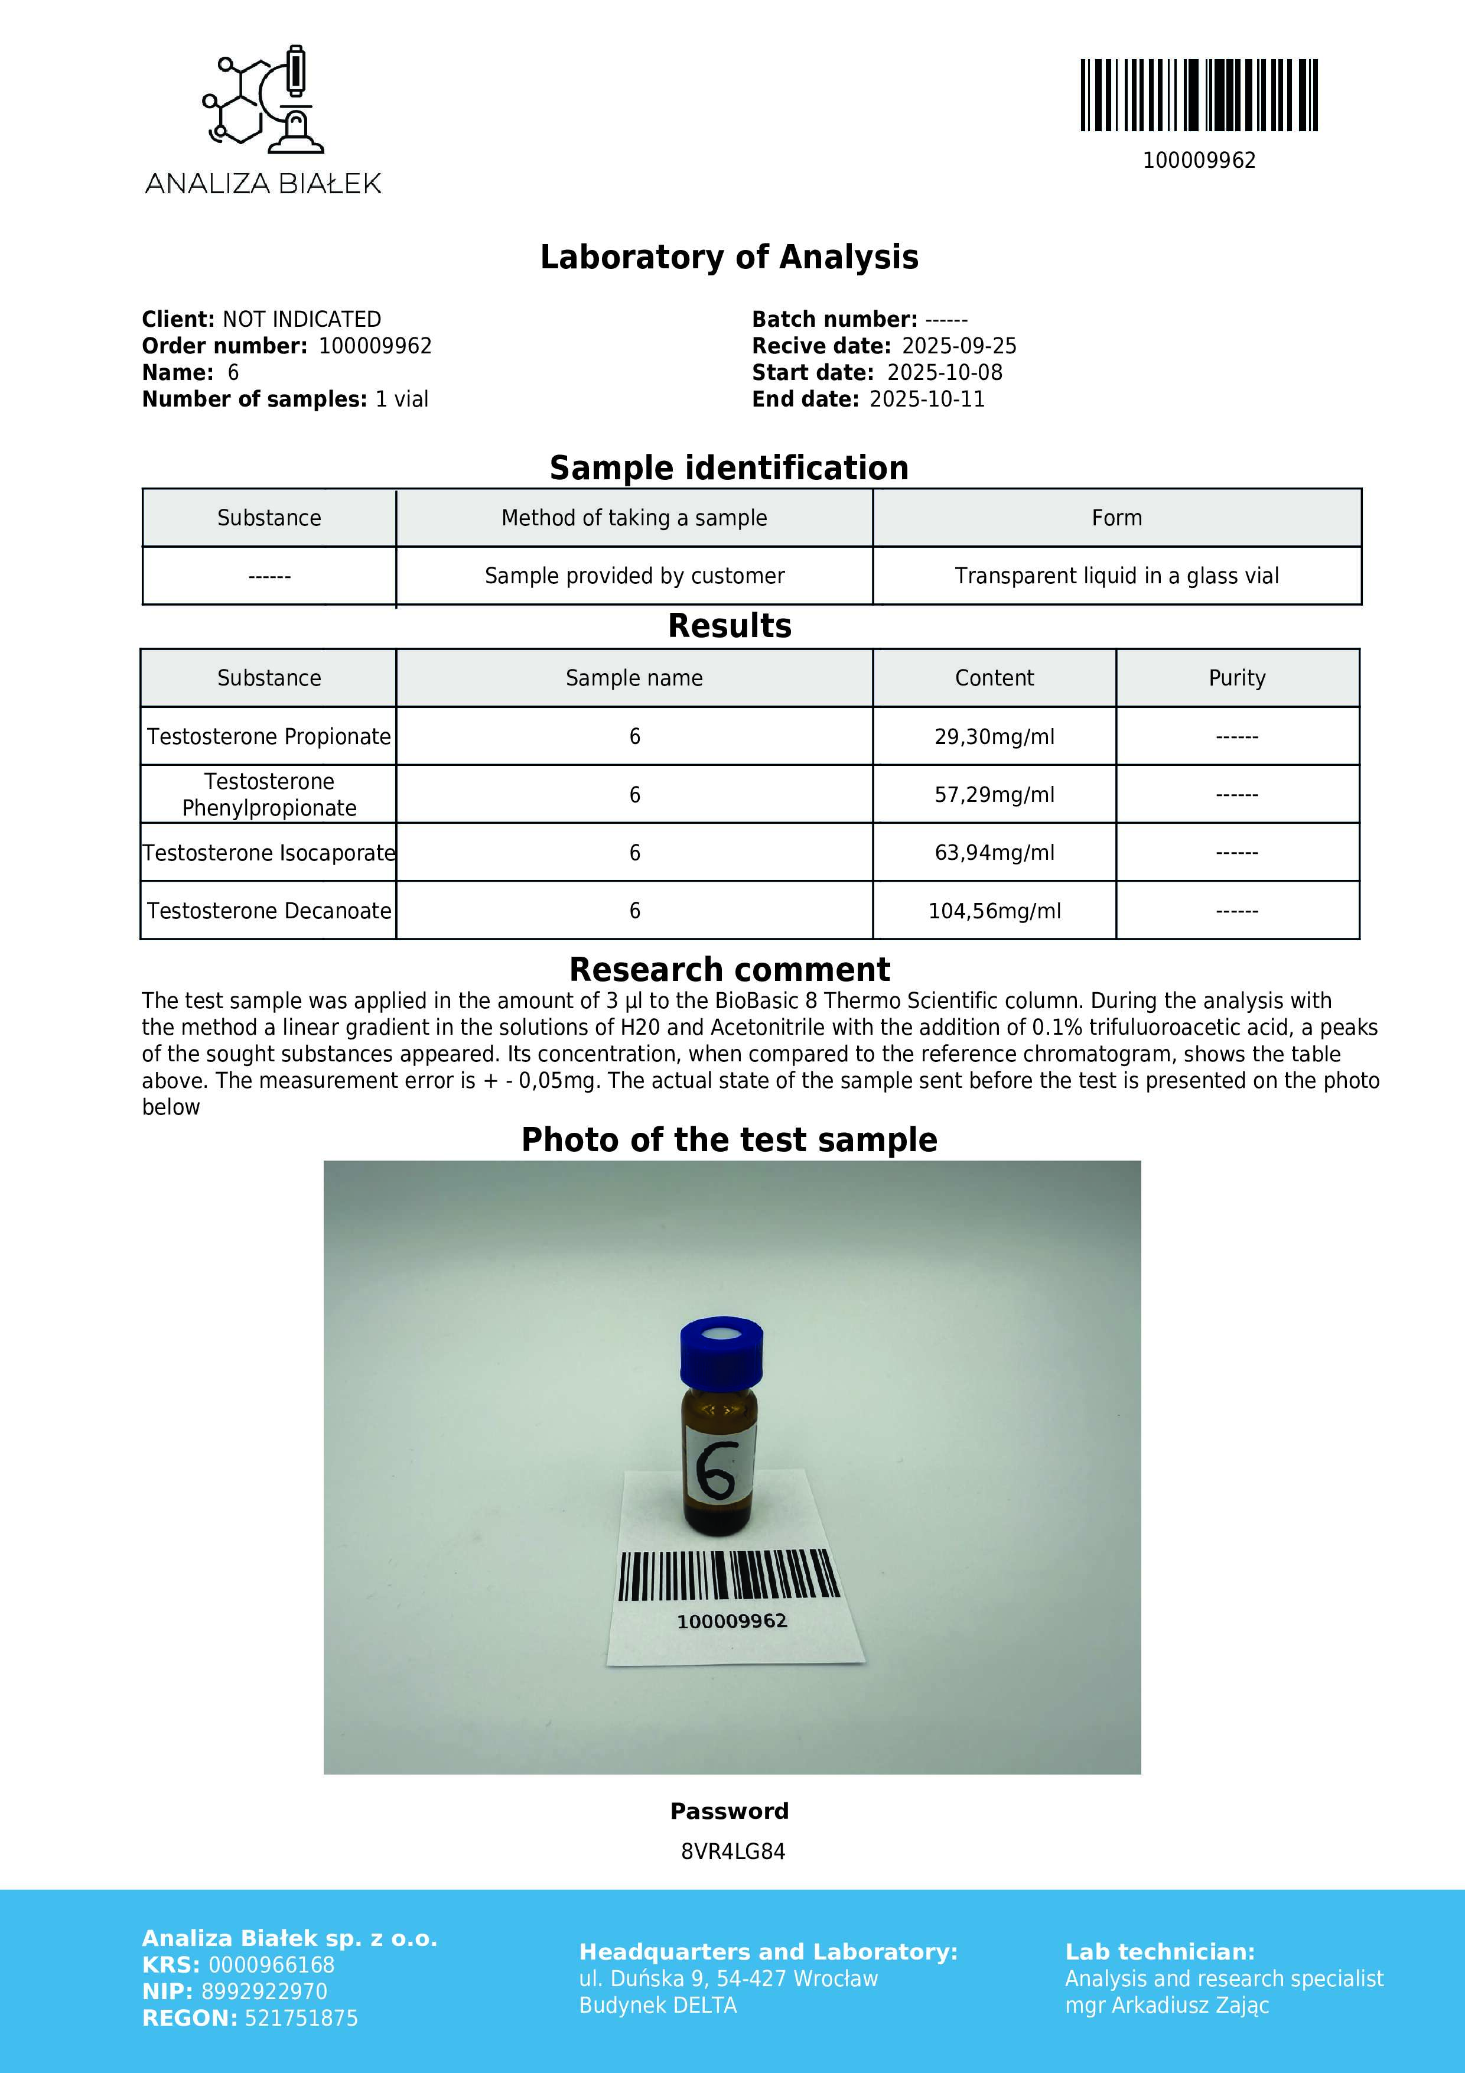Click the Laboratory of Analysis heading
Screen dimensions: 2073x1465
tap(730, 257)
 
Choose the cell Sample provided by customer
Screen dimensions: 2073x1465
tap(634, 576)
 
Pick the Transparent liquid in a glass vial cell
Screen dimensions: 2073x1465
tap(1116, 576)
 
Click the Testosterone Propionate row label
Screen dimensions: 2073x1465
tap(269, 737)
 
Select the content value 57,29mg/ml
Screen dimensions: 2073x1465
tap(994, 795)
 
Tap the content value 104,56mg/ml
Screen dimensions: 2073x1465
tap(994, 911)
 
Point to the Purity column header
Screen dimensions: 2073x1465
tap(1236, 678)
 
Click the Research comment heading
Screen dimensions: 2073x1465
tap(730, 970)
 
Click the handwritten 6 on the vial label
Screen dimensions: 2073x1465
tap(718, 1469)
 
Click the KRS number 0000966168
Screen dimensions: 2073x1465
tap(271, 1965)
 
